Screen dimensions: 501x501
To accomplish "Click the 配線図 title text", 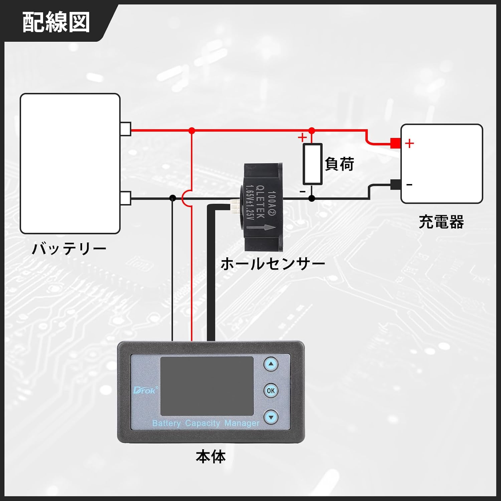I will pos(56,22).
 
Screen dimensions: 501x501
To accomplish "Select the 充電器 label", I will pos(441,222).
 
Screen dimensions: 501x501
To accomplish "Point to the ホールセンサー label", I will pos(273,264).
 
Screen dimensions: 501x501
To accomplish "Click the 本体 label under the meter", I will pos(211,457).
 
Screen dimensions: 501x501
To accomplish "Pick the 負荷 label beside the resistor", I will pos(339,164).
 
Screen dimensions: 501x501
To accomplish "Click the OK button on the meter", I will pos(271,390).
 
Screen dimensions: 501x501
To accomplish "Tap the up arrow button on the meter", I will pos(271,364).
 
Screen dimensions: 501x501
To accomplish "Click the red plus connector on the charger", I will pos(395,143).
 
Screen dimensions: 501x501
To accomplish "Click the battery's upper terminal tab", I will pos(126,129).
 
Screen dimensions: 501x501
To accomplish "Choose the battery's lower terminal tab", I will pos(126,198).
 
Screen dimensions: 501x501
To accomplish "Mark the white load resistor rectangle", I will pos(312,164).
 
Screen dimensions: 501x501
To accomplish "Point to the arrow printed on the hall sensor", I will pos(261,228).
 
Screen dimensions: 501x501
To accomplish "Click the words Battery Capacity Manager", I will pos(206,423).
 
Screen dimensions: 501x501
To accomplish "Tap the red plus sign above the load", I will pos(302,137).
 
